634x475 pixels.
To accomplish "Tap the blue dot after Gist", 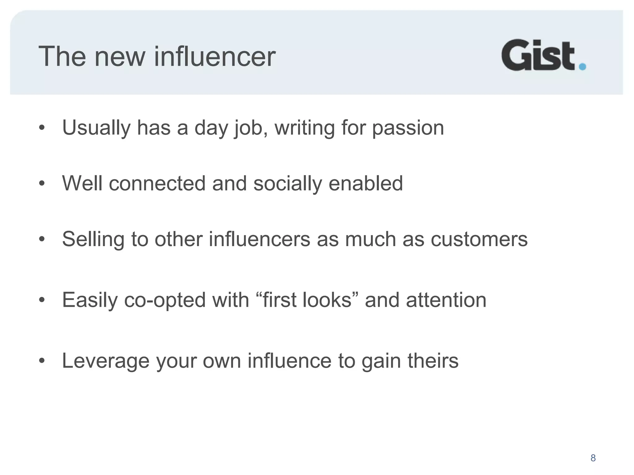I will pyautogui.click(x=582, y=66).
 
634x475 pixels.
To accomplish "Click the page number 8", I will pyautogui.click(x=593, y=458).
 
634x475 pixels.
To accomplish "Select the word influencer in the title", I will pyautogui.click(x=215, y=56).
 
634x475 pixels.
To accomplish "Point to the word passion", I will pyautogui.click(x=408, y=128).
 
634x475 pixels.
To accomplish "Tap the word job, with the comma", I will pyautogui.click(x=251, y=128).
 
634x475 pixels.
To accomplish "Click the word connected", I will pyautogui.click(x=157, y=183).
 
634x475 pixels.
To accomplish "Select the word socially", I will pyautogui.click(x=288, y=183).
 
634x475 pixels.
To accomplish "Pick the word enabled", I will pyautogui.click(x=366, y=183).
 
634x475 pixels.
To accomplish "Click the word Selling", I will pyautogui.click(x=93, y=239).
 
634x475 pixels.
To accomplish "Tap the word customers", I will pyautogui.click(x=479, y=239).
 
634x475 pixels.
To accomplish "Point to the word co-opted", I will pyautogui.click(x=165, y=300).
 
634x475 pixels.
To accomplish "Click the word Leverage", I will pyautogui.click(x=106, y=361).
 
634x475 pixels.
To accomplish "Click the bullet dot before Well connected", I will pyautogui.click(x=42, y=184).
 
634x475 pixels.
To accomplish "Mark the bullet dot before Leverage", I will pyautogui.click(x=42, y=361).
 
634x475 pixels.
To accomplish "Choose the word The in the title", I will pyautogui.click(x=62, y=56).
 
